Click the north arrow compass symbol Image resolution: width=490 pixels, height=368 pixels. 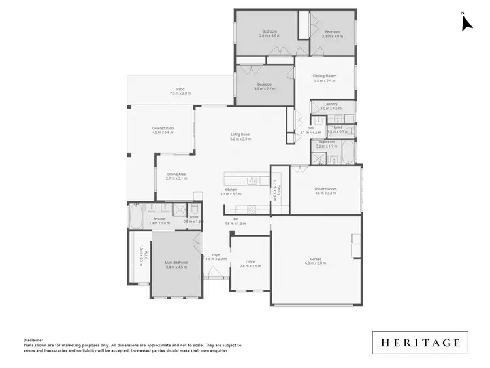click(466, 23)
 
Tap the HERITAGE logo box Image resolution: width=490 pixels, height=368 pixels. click(421, 343)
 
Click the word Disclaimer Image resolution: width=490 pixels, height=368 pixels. click(33, 340)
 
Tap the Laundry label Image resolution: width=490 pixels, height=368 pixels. click(331, 105)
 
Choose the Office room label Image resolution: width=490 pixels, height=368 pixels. click(250, 262)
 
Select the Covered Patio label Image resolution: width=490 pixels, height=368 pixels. click(163, 128)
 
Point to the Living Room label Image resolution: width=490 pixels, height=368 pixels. click(240, 135)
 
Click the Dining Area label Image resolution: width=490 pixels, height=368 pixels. click(176, 174)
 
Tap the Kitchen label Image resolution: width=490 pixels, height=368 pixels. click(231, 190)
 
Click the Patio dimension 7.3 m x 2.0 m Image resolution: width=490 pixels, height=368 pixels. click(180, 93)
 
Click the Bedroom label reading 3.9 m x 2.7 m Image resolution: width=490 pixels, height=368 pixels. click(265, 85)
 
